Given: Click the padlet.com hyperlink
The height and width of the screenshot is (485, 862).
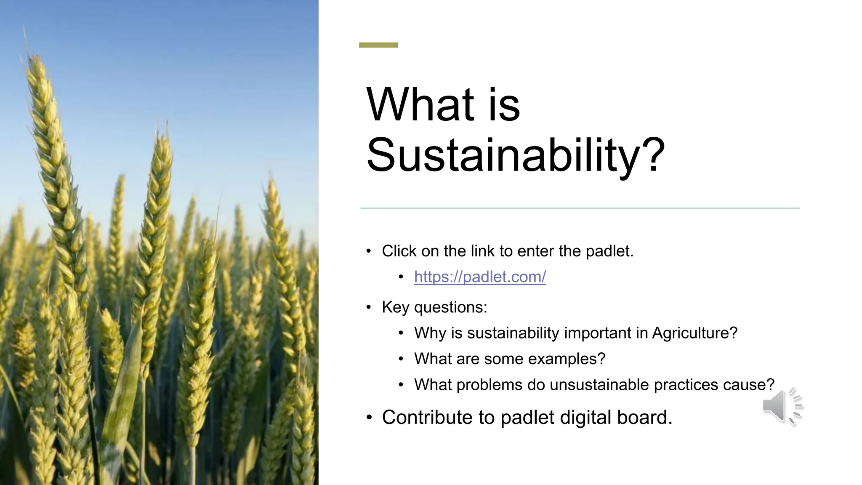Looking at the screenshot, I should click(480, 277).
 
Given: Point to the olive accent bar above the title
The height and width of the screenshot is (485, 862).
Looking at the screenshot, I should click(378, 45).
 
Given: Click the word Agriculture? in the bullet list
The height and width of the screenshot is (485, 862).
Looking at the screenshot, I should click(694, 333).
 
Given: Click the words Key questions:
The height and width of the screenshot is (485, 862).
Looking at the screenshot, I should click(434, 307).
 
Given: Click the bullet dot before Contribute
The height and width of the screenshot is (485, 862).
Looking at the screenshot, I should click(369, 418).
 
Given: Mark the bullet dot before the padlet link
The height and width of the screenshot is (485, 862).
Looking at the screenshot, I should click(401, 277).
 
